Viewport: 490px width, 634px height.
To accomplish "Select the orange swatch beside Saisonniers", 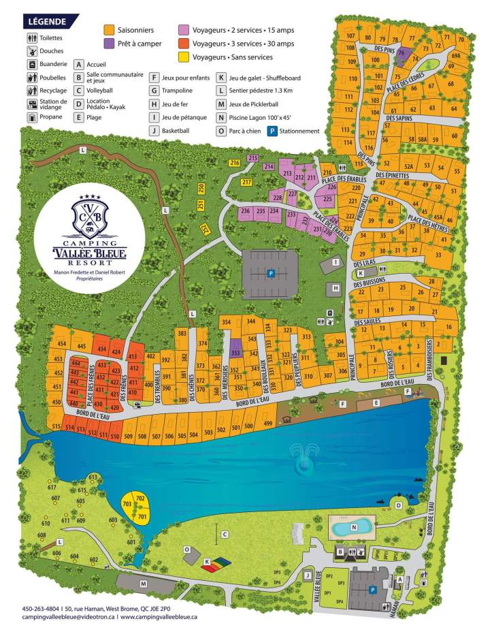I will pyautogui.click(x=108, y=30).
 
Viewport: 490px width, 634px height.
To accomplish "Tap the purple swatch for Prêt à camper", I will pyautogui.click(x=108, y=44).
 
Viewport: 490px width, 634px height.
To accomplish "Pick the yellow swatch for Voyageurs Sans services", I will pyautogui.click(x=184, y=57).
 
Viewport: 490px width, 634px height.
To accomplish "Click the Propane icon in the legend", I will pyautogui.click(x=32, y=116).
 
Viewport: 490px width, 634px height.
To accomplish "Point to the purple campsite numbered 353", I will pyautogui.click(x=235, y=353).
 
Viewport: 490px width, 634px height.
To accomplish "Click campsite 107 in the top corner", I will pyautogui.click(x=350, y=36).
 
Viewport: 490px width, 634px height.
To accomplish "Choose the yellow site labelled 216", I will pyautogui.click(x=235, y=163).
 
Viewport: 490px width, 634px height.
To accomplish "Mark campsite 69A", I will pyautogui.click(x=455, y=56).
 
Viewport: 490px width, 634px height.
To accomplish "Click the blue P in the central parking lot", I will pyautogui.click(x=271, y=273).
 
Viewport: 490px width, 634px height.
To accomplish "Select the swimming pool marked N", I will pyautogui.click(x=353, y=526).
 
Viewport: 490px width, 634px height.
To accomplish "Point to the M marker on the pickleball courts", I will pyautogui.click(x=144, y=583).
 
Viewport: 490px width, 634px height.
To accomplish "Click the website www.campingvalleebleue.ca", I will pyautogui.click(x=159, y=617).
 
